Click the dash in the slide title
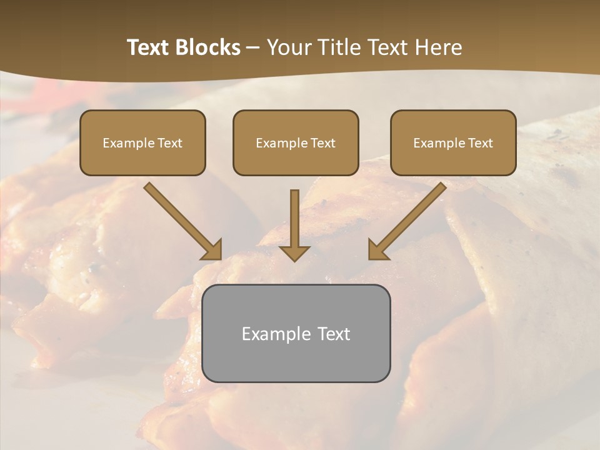coord(253,48)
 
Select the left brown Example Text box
coord(142,142)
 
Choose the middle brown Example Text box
coord(296,142)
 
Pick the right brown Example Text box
coord(453,142)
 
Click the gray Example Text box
coord(296,333)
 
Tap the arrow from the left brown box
coord(181,221)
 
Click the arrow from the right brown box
coord(409,219)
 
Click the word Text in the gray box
coord(334,334)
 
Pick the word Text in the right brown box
coord(481,143)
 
